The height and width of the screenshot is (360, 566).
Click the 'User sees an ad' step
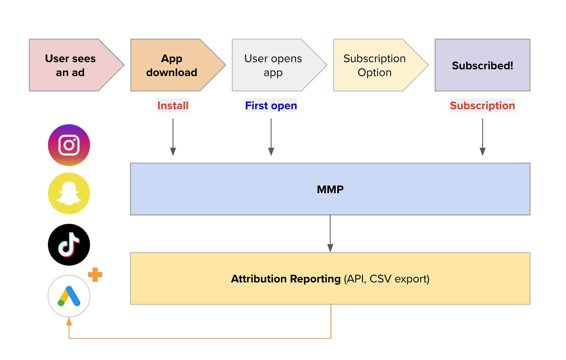[x=70, y=65]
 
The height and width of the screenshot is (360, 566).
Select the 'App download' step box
[x=172, y=65]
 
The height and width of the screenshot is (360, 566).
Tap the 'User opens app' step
[x=273, y=65]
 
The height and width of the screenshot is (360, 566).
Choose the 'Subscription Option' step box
[x=375, y=65]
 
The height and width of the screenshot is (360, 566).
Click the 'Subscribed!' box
[x=482, y=65]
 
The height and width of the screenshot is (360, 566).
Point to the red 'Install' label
[x=173, y=105]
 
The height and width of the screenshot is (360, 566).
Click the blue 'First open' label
[x=271, y=105]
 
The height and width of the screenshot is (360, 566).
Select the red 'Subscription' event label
[x=482, y=105]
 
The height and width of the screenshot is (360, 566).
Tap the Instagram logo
[x=69, y=145]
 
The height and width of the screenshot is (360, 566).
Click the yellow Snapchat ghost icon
[x=69, y=194]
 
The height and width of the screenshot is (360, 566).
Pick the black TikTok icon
[x=69, y=245]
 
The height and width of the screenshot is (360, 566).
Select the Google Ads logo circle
[x=69, y=296]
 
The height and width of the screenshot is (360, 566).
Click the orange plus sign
[x=95, y=275]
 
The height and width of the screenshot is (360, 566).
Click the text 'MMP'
[x=330, y=189]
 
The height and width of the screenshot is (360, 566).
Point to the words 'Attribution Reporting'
[x=286, y=279]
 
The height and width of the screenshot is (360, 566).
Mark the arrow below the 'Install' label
[x=173, y=137]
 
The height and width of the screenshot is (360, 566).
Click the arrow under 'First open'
[x=271, y=137]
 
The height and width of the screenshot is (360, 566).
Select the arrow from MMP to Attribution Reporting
[x=330, y=233]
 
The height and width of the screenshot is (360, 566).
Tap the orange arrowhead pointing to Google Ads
[x=69, y=322]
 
